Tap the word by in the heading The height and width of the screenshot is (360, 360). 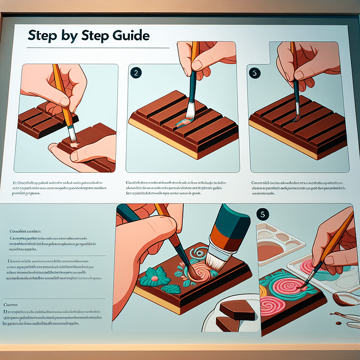pos(71,36)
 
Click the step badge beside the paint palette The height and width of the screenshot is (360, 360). pos(262,214)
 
